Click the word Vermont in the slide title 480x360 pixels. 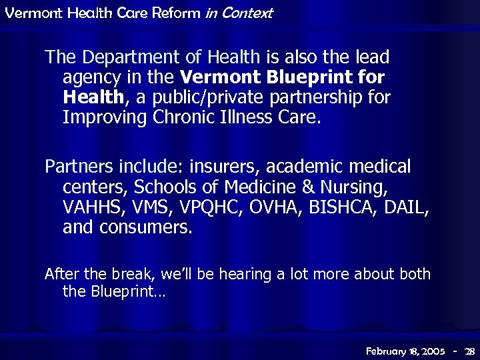point(27,13)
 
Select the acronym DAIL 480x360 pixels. point(409,207)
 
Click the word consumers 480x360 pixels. point(145,227)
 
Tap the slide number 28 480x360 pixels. point(469,351)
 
